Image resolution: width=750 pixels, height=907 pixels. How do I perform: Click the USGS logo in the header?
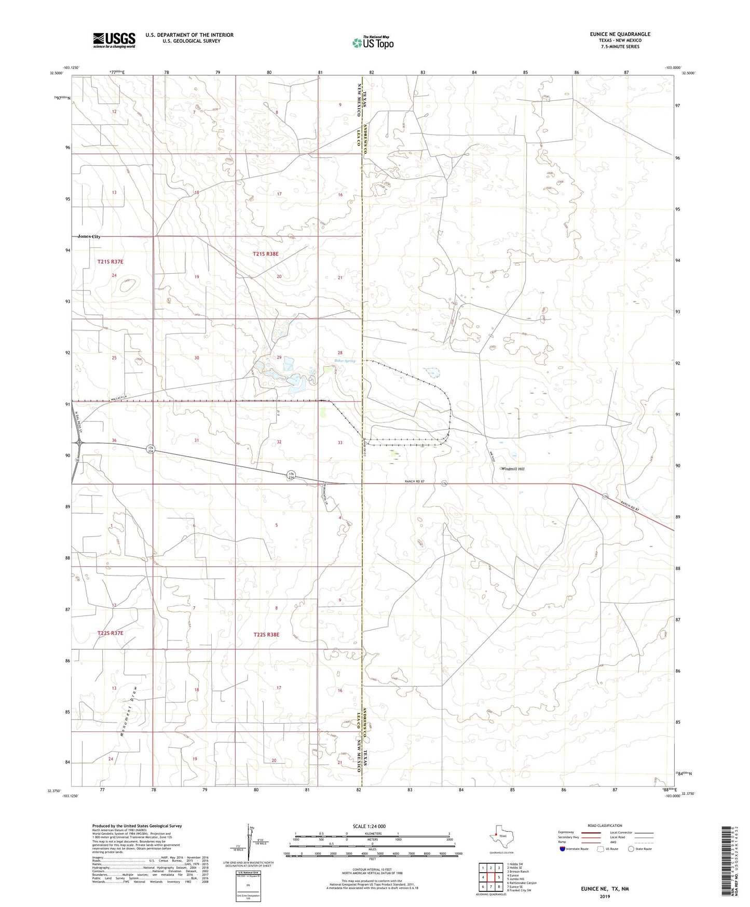pos(114,40)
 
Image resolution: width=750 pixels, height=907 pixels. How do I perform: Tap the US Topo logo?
pos(372,43)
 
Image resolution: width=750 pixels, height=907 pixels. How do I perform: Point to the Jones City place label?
pos(89,236)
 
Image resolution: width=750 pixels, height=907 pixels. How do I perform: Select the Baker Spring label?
pos(345,361)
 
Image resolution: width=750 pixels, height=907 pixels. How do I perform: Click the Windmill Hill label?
pos(513,469)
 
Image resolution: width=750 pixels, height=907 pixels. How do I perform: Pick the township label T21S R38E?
pos(266,254)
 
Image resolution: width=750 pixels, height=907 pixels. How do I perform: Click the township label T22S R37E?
pos(110,633)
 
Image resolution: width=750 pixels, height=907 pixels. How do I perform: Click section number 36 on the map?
pos(114,441)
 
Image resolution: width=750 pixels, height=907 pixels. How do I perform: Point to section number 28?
pos(340,353)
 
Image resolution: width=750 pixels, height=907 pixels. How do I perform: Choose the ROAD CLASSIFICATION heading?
pos(605,826)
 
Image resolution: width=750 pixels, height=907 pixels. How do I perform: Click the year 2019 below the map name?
pos(605,896)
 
